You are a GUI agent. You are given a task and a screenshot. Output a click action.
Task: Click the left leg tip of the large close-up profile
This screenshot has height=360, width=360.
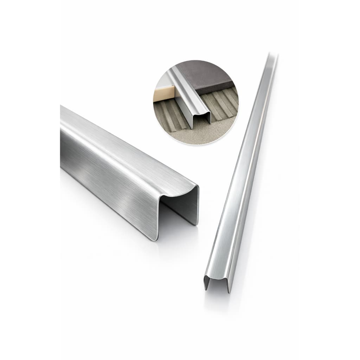click(154, 239)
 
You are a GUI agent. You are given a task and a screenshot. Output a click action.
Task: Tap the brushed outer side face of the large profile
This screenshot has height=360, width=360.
click(105, 169)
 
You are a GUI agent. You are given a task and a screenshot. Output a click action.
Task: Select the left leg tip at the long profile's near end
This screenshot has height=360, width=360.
click(205, 289)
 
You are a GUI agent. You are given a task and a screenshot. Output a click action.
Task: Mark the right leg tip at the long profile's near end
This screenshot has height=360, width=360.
click(229, 291)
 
